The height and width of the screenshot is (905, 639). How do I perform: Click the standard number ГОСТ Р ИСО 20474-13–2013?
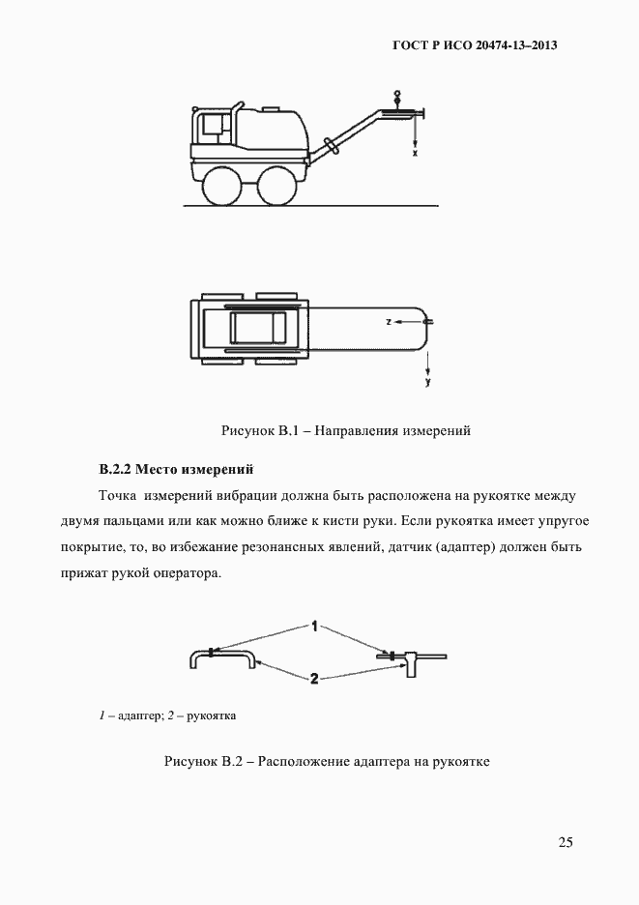[476, 45]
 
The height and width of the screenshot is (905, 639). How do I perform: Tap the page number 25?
[566, 842]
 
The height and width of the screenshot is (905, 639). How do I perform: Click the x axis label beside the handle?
[415, 153]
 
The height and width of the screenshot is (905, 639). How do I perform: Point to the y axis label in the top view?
[427, 383]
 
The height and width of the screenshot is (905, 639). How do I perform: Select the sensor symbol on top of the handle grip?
[395, 98]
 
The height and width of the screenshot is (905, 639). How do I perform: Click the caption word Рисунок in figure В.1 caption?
[248, 431]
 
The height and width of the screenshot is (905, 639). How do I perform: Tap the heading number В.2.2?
[116, 470]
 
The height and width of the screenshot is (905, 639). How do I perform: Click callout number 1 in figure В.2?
[314, 626]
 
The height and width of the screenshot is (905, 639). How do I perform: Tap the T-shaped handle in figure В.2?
[411, 659]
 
